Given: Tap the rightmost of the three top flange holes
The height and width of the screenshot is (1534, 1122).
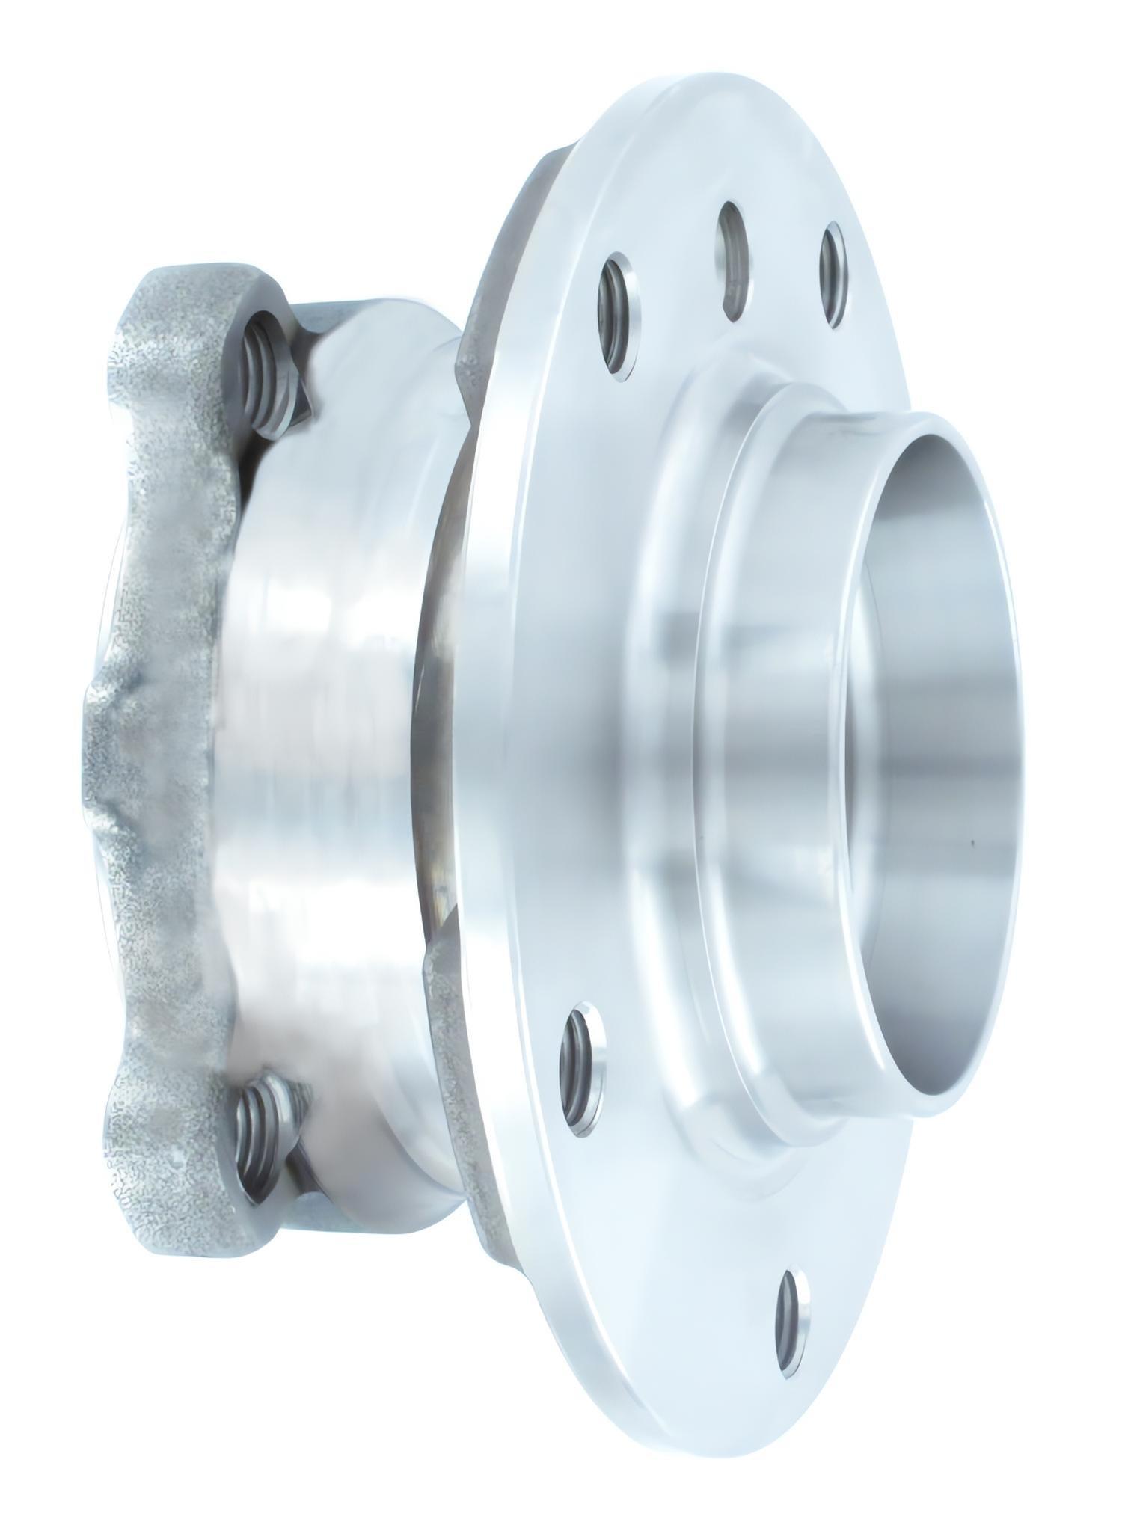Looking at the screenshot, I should pyautogui.click(x=836, y=274).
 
